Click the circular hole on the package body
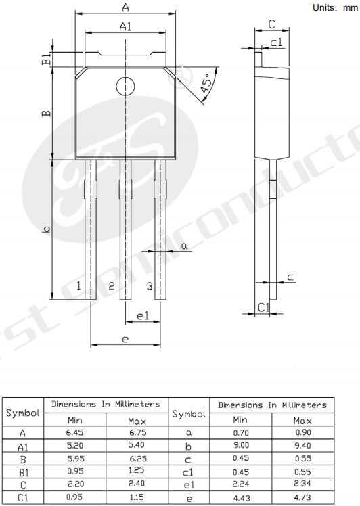point(125,87)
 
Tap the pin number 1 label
point(78,285)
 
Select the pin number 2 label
point(112,285)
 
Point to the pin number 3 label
point(149,285)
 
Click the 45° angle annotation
point(207,84)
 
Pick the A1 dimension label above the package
point(126,26)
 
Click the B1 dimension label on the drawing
point(47,60)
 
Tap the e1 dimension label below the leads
point(143,316)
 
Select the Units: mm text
point(335,7)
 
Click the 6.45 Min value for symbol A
point(74,432)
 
